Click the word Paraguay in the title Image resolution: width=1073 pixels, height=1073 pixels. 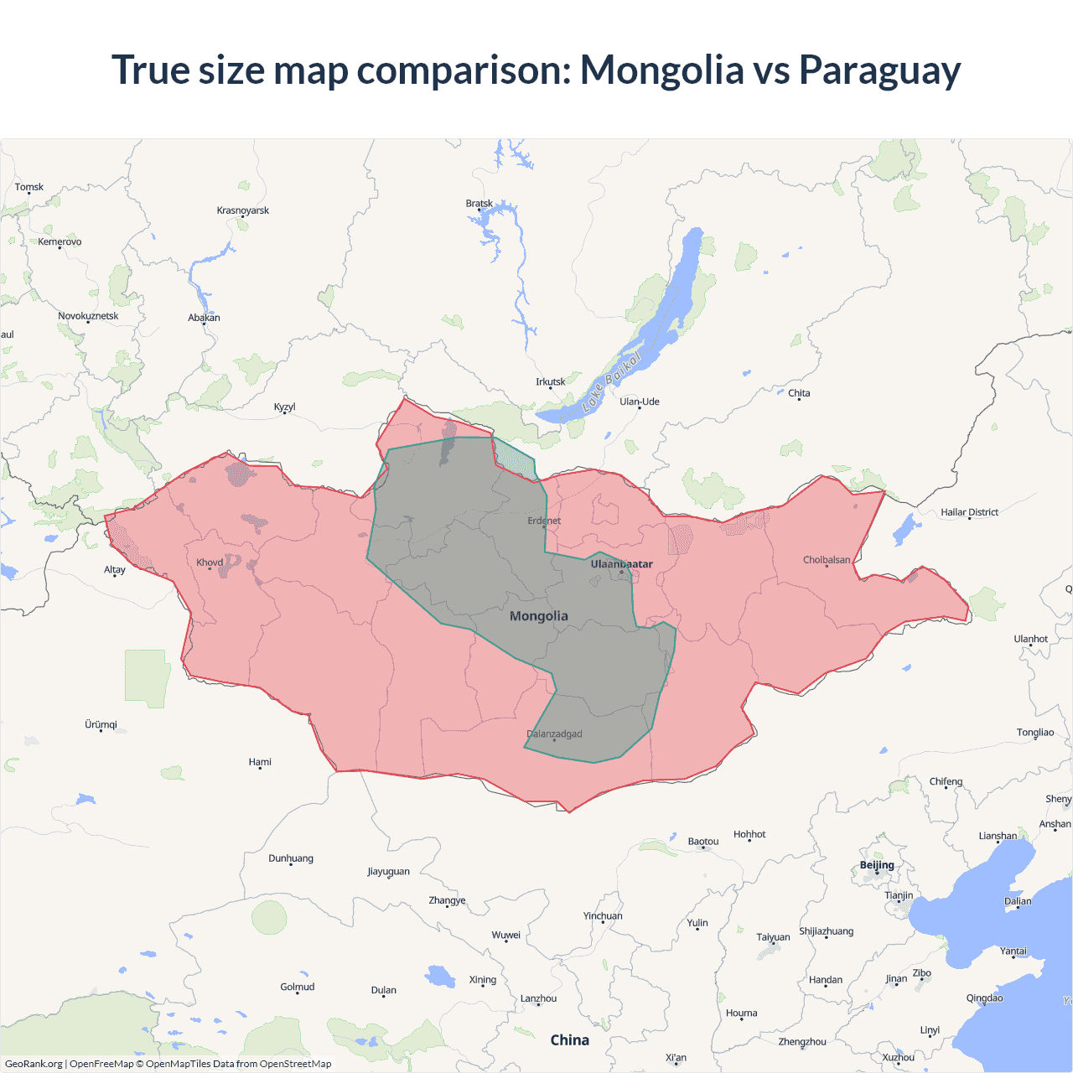point(879,70)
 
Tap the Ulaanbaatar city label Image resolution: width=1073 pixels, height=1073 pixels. point(621,564)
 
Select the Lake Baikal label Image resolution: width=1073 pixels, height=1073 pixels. point(612,382)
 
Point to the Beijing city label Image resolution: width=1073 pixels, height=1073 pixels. point(877,865)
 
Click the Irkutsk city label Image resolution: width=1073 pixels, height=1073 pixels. point(551,382)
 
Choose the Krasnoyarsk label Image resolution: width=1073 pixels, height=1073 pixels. point(243,210)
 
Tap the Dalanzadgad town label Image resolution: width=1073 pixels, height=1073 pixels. point(554,734)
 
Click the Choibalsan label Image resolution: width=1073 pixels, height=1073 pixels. point(827,560)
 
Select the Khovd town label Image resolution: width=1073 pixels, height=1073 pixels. point(210,562)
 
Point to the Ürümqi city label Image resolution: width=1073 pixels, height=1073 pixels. point(101,724)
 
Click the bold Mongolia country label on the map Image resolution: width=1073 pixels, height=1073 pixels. point(539,616)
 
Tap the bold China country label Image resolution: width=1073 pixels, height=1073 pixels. point(570,1040)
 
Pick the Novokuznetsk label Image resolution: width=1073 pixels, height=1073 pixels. point(88,316)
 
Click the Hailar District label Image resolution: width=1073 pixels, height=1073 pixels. point(969,512)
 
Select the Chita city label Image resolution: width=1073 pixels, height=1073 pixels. point(799,393)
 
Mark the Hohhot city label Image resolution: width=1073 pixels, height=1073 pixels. point(749,834)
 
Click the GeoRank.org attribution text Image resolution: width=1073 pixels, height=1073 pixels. point(34,1064)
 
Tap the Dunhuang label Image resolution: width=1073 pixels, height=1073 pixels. point(291,858)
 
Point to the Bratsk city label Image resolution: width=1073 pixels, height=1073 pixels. point(479,204)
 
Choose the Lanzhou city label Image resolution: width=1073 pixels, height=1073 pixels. point(538,998)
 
